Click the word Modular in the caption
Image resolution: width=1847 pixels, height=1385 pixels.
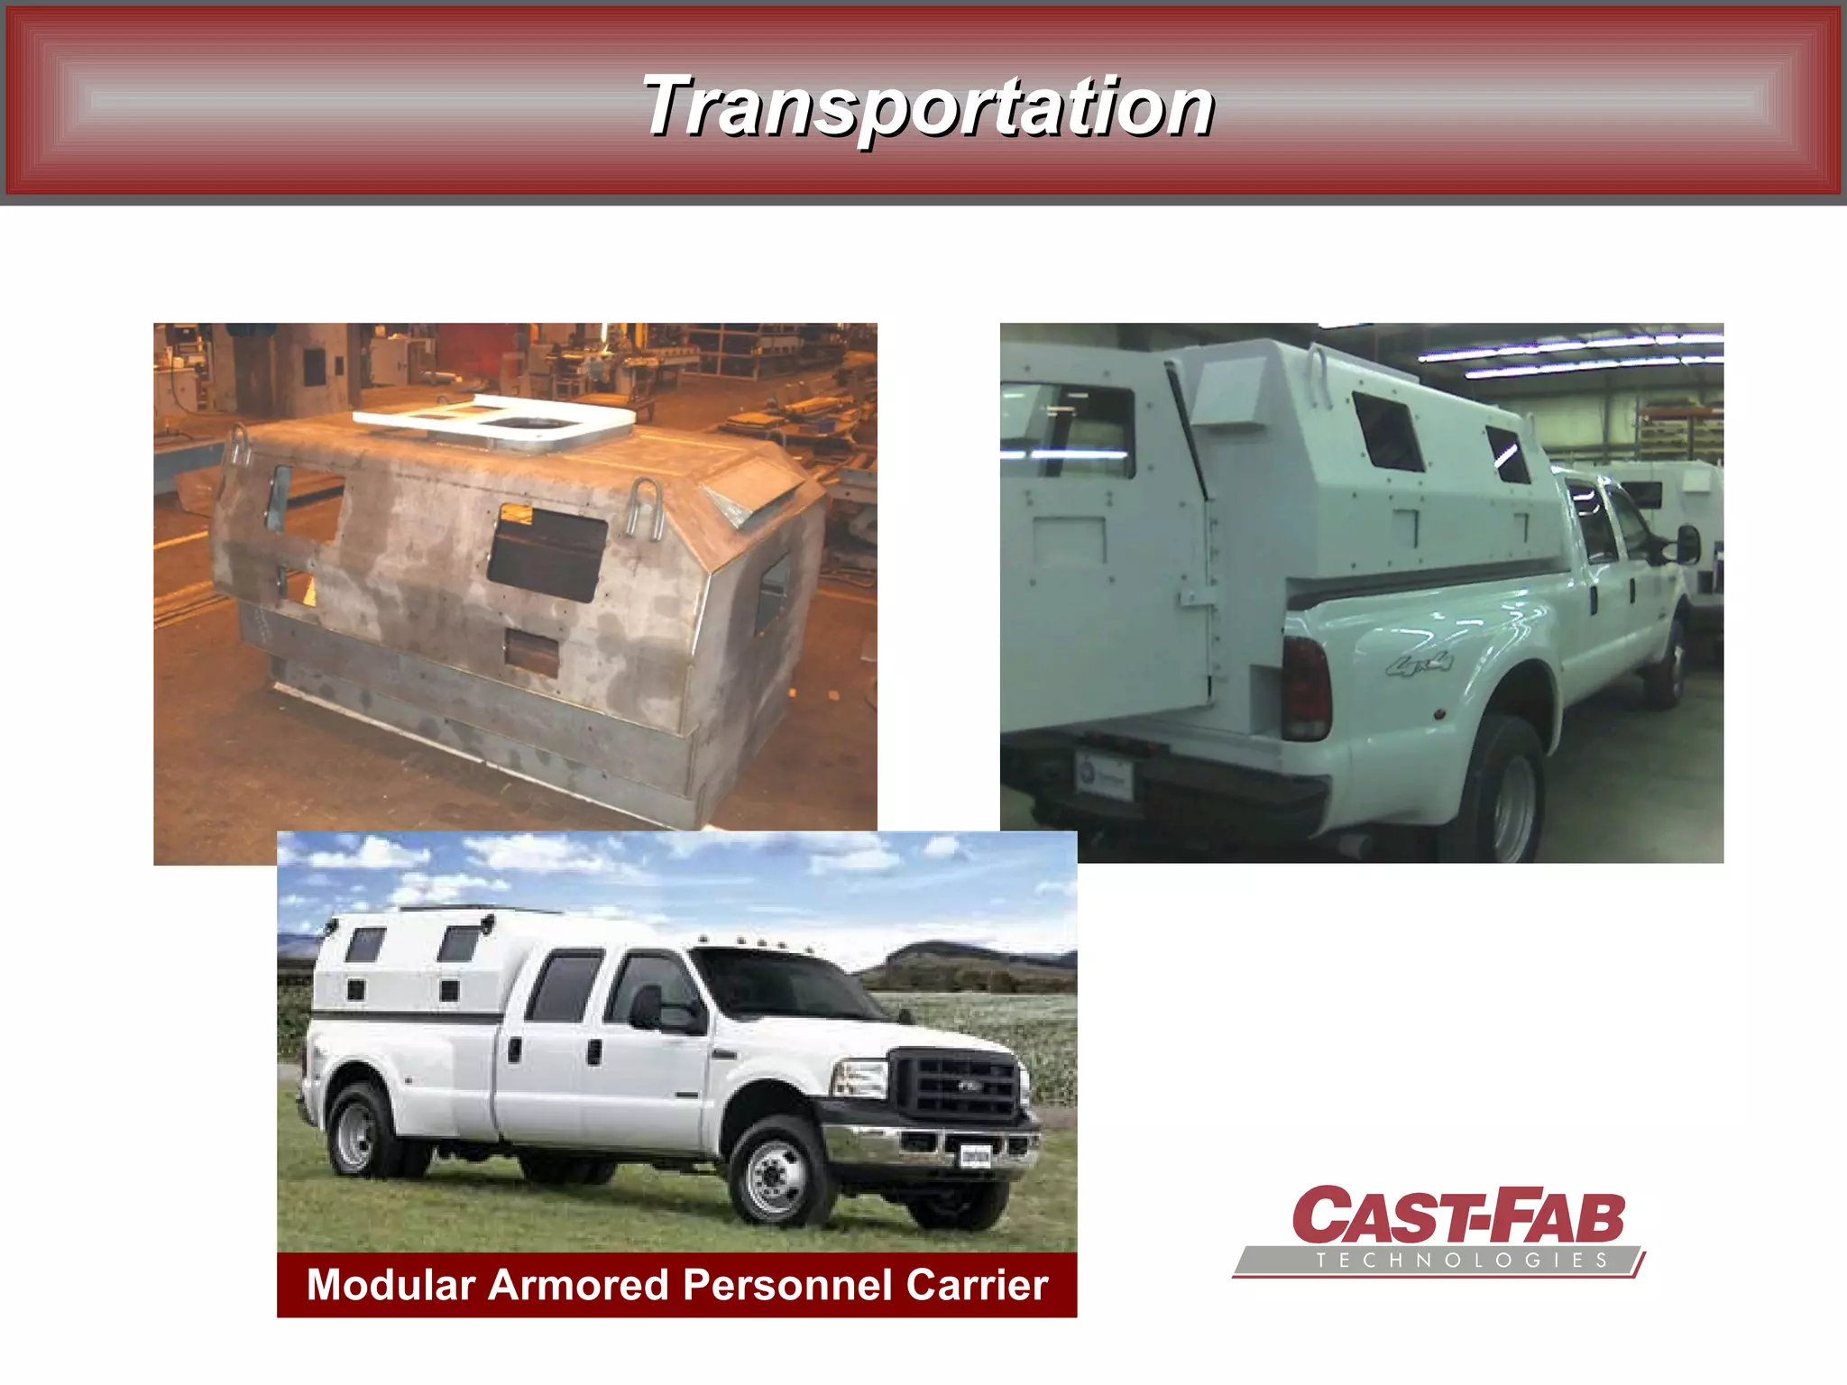click(391, 1284)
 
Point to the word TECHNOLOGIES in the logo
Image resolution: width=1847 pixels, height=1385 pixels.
click(1461, 1261)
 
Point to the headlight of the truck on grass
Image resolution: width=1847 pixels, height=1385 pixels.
click(862, 1078)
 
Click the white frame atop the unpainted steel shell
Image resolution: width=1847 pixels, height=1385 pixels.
click(494, 418)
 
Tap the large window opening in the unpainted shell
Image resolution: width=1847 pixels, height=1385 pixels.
click(547, 553)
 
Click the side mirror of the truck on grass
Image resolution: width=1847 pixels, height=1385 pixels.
click(648, 1007)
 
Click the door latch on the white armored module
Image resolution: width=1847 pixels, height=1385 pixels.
click(1195, 598)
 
